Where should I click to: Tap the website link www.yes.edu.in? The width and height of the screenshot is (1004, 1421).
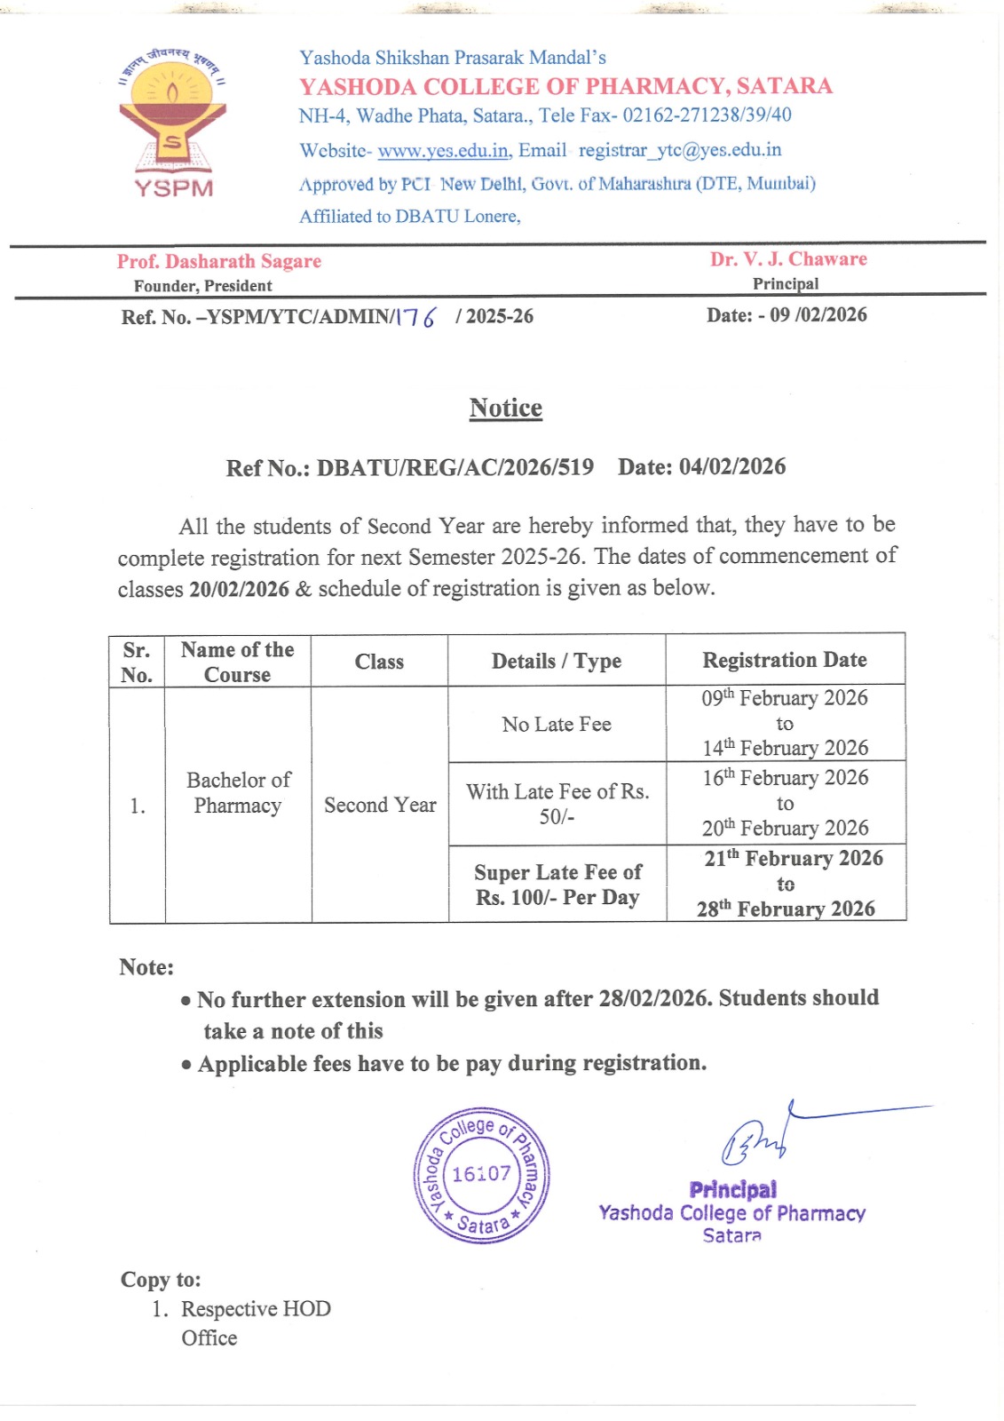(444, 151)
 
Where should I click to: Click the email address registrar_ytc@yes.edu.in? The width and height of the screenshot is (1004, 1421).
(680, 150)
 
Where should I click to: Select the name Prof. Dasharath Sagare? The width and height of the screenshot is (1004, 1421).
(219, 261)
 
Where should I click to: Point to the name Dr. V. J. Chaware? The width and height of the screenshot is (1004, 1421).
(788, 259)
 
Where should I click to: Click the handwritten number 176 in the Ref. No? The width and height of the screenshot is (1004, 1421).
(415, 316)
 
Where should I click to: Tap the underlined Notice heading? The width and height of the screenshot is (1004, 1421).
(505, 408)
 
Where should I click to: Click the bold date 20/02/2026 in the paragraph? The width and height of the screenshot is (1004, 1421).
(239, 589)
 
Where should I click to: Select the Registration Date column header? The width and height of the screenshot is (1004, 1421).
(785, 660)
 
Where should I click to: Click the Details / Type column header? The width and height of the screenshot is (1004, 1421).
(557, 661)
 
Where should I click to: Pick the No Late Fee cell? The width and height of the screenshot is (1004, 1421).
(557, 725)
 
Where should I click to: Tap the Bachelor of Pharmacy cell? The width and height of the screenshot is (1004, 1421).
(238, 792)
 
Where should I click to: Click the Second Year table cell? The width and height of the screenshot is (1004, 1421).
(380, 805)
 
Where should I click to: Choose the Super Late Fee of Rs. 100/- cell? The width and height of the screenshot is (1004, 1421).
(557, 885)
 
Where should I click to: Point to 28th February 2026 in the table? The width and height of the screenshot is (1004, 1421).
(786, 909)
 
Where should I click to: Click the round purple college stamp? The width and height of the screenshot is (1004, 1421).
(481, 1174)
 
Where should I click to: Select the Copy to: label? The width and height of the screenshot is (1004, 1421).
(161, 1280)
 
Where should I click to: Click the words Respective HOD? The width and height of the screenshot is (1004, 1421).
(256, 1309)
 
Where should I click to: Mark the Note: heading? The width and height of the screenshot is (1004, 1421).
(146, 967)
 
